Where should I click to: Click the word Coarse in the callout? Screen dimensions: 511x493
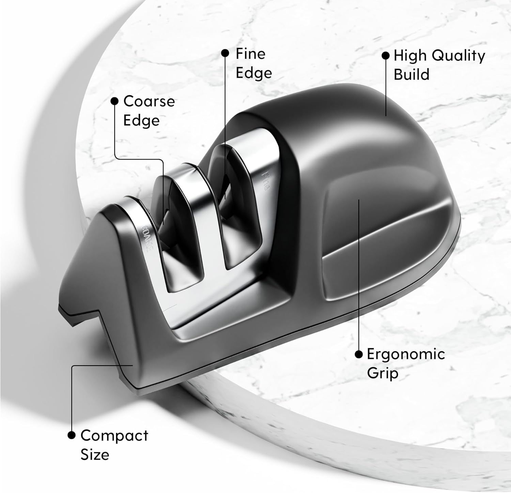[x=149, y=101]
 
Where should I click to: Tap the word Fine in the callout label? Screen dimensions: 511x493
[x=250, y=54]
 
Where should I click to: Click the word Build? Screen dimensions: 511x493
[x=412, y=75]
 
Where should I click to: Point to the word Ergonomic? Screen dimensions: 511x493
[x=406, y=355]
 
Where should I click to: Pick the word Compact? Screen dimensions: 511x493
[x=114, y=436]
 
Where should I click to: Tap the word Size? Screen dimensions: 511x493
[x=95, y=455]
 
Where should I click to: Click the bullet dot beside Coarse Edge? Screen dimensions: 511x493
[x=115, y=101]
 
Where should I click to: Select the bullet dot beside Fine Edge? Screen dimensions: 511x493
[x=225, y=53]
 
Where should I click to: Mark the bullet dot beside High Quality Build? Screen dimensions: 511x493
[x=385, y=56]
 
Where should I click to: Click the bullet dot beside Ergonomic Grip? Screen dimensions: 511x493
[x=358, y=354]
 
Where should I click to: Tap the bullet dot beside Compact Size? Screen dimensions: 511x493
[x=72, y=435]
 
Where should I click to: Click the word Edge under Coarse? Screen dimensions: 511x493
[x=141, y=120]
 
